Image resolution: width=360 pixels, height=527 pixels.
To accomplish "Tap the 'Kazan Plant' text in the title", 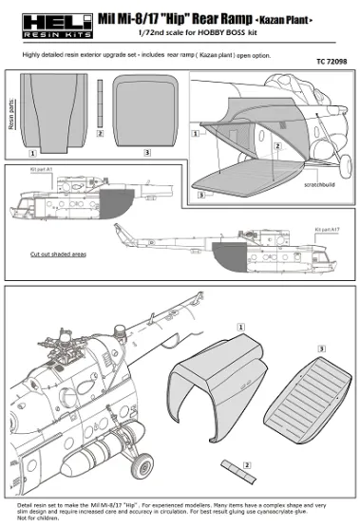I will point(309,19).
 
